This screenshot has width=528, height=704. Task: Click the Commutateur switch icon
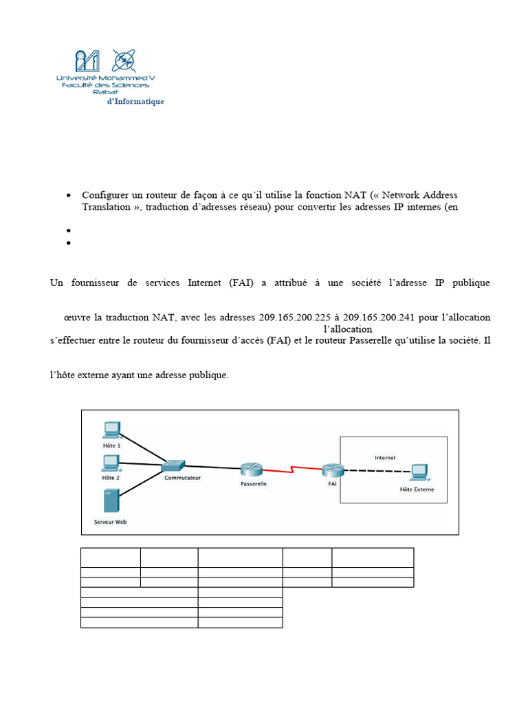pyautogui.click(x=173, y=465)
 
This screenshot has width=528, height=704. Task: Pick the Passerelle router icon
pyautogui.click(x=252, y=470)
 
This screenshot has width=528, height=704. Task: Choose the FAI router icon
pyautogui.click(x=332, y=470)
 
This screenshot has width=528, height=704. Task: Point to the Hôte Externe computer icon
pyautogui.click(x=417, y=474)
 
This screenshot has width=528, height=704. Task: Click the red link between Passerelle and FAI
pyautogui.click(x=292, y=471)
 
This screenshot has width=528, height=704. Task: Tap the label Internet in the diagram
pyautogui.click(x=385, y=457)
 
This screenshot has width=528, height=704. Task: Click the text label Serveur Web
pyautogui.click(x=110, y=522)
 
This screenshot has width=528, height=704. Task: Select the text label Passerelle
pyautogui.click(x=254, y=483)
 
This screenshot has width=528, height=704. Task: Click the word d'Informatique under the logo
pyautogui.click(x=135, y=102)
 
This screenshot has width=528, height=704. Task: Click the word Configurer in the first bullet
pyautogui.click(x=104, y=195)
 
